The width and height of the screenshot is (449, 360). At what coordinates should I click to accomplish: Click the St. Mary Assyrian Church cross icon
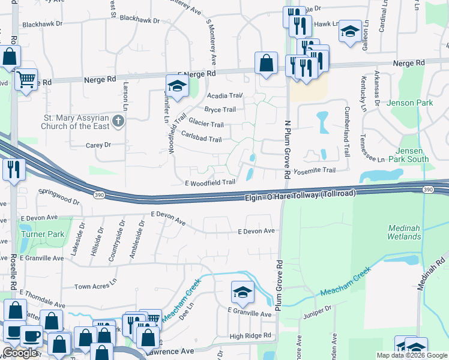point(118,122)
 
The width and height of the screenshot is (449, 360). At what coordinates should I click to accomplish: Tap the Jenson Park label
point(409,103)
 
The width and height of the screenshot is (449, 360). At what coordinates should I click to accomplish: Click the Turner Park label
point(37,233)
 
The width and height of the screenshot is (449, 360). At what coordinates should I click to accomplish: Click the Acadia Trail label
point(224,95)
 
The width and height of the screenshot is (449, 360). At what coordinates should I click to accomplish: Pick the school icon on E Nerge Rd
point(177,86)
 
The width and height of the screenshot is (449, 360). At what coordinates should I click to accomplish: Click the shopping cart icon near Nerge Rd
point(26,79)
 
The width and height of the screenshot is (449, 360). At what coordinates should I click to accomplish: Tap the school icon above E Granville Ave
point(243,293)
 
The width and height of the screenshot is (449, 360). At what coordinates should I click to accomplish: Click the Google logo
point(20,353)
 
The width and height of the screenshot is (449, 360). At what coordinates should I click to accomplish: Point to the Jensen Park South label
point(413,155)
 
